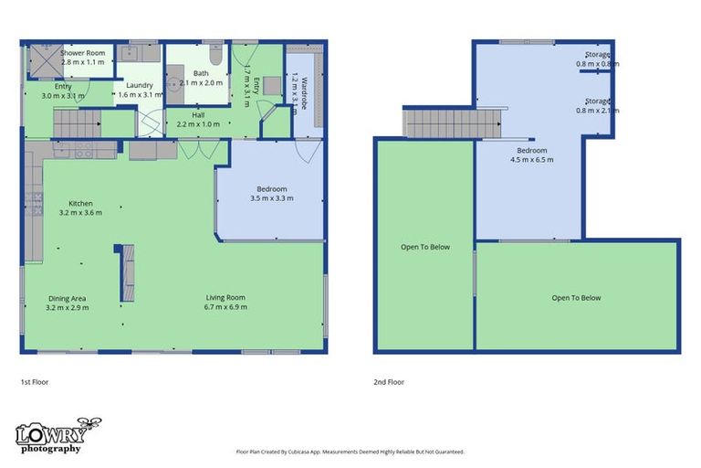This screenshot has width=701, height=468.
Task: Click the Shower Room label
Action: click(83, 53)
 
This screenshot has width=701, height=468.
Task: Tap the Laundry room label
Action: click(140, 85)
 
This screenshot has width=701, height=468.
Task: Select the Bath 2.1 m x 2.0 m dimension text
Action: click(201, 83)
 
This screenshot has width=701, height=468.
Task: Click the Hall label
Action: click(198, 115)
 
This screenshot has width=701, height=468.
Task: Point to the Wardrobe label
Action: click(304, 93)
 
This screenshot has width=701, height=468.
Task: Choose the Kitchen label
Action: click(80, 203)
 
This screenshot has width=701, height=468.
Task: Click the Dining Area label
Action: click(67, 298)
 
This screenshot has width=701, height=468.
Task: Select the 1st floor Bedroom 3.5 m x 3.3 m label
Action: click(272, 194)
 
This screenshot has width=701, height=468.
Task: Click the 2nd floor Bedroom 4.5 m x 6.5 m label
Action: click(532, 155)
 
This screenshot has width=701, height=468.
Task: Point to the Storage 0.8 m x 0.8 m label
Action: click(598, 59)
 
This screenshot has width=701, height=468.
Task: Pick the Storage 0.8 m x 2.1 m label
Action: click(598, 106)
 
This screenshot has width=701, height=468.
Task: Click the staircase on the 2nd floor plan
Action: click(452, 123)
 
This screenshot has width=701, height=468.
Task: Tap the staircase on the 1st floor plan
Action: click(78, 123)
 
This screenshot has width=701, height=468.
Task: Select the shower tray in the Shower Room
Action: click(45, 61)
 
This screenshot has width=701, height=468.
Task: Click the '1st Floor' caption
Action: click(35, 382)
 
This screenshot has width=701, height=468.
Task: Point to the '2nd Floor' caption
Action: click(389, 382)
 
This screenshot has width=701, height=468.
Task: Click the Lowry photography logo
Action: click(58, 436)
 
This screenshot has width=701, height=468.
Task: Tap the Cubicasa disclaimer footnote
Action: click(350, 452)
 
